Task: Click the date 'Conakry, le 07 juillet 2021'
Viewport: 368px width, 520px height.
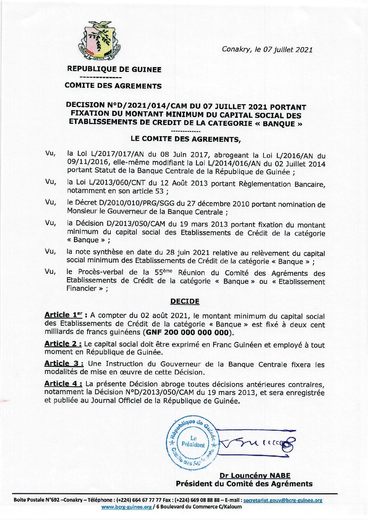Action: click(267, 49)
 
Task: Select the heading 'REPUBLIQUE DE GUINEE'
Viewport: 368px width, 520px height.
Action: click(114, 69)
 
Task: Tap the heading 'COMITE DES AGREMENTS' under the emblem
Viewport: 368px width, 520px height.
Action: click(113, 86)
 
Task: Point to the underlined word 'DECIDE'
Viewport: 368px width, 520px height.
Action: click(185, 301)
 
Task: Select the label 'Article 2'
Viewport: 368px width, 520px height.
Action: click(63, 344)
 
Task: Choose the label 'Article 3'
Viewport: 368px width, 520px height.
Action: click(64, 363)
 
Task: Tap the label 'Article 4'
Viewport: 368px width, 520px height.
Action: click(63, 383)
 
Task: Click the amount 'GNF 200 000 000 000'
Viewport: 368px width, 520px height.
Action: click(187, 332)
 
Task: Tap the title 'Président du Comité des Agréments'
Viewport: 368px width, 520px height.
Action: click(244, 484)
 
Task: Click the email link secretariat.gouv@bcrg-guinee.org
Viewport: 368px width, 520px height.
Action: click(283, 500)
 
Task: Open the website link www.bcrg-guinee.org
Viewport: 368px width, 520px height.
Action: click(126, 507)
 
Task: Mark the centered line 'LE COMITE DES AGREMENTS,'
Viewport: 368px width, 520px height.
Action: click(185, 139)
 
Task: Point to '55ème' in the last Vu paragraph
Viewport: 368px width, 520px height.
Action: click(163, 273)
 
